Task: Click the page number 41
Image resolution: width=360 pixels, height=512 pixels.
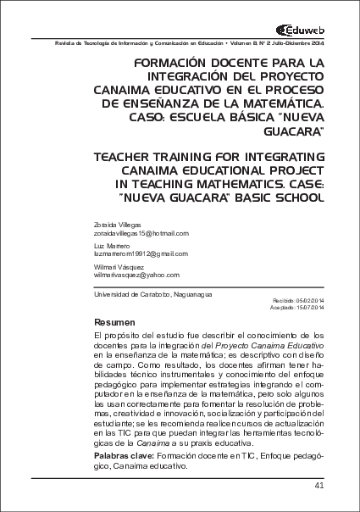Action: [319, 486]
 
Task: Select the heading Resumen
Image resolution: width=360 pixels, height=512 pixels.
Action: [113, 323]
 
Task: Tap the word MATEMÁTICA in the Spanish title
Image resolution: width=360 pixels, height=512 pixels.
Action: [279, 103]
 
